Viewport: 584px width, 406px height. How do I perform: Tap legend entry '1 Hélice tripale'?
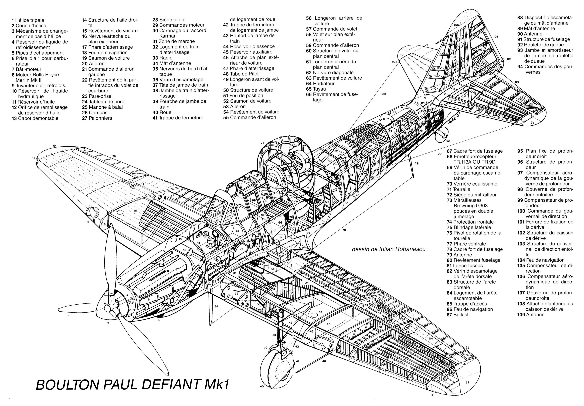click(x=28, y=20)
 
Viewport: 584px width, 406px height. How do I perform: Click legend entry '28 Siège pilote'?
click(x=169, y=20)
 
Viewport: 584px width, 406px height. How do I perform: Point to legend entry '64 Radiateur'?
click(x=320, y=83)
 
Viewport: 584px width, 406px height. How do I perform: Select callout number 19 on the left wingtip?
click(x=54, y=146)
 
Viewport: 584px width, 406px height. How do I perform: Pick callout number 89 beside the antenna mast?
click(x=416, y=163)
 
